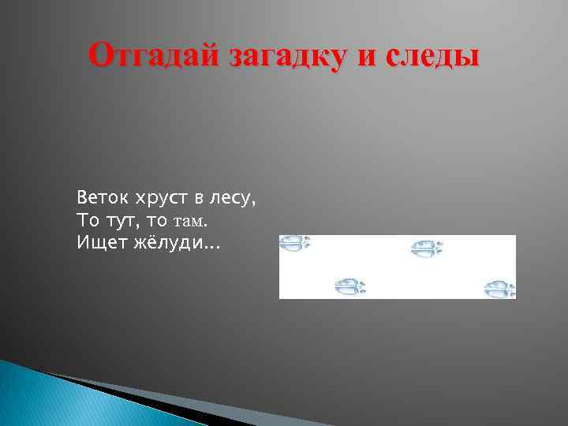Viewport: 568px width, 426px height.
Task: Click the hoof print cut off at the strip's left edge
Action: (295, 243)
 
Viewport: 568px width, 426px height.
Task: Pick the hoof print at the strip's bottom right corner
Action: (500, 289)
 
